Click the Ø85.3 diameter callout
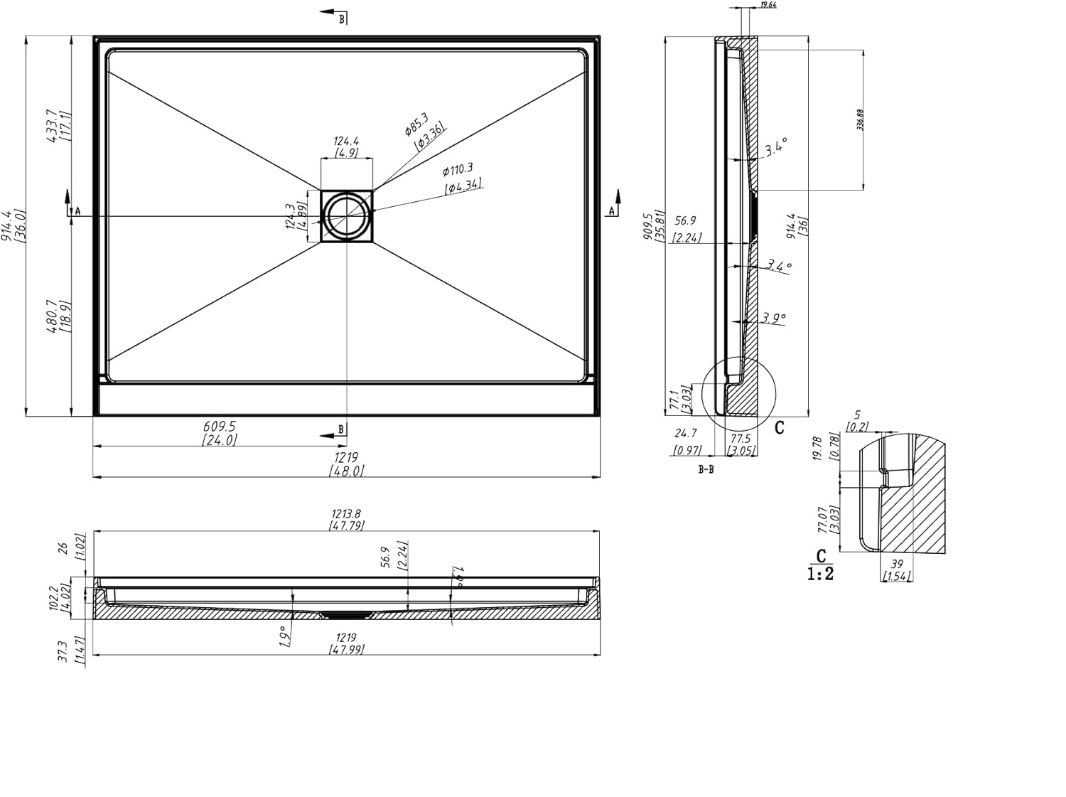(x=416, y=123)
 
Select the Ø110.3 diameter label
(x=457, y=170)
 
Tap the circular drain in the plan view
(x=346, y=215)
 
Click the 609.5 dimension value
(x=219, y=427)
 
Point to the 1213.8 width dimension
(x=346, y=513)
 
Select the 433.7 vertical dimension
(x=50, y=127)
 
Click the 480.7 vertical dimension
(x=50, y=316)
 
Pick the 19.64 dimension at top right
(x=768, y=5)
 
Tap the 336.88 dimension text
(x=859, y=119)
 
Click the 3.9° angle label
(x=773, y=318)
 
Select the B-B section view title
(x=706, y=469)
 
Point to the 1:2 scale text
(x=821, y=574)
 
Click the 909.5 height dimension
(x=647, y=227)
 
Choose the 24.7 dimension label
(x=686, y=433)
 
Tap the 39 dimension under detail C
(x=896, y=564)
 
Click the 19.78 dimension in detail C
(x=817, y=449)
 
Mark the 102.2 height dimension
(x=53, y=598)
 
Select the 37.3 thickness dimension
(x=62, y=651)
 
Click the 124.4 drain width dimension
(x=346, y=141)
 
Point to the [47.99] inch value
(x=346, y=650)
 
